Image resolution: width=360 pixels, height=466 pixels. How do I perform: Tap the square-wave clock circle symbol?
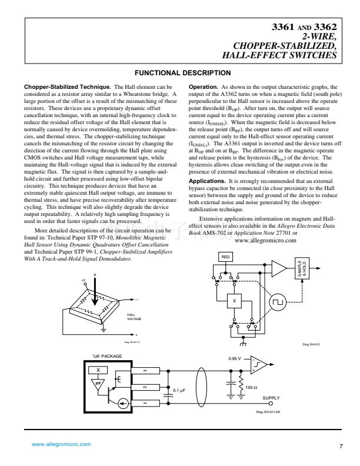coord(276,302)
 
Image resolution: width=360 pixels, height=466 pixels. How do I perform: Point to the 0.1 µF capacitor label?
coord(179,390)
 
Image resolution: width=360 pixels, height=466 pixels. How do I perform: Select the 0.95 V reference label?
coord(235,358)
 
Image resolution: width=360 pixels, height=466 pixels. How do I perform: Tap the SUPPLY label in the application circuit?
coord(271,398)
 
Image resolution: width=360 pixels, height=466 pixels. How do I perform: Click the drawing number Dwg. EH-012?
coord(311,345)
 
